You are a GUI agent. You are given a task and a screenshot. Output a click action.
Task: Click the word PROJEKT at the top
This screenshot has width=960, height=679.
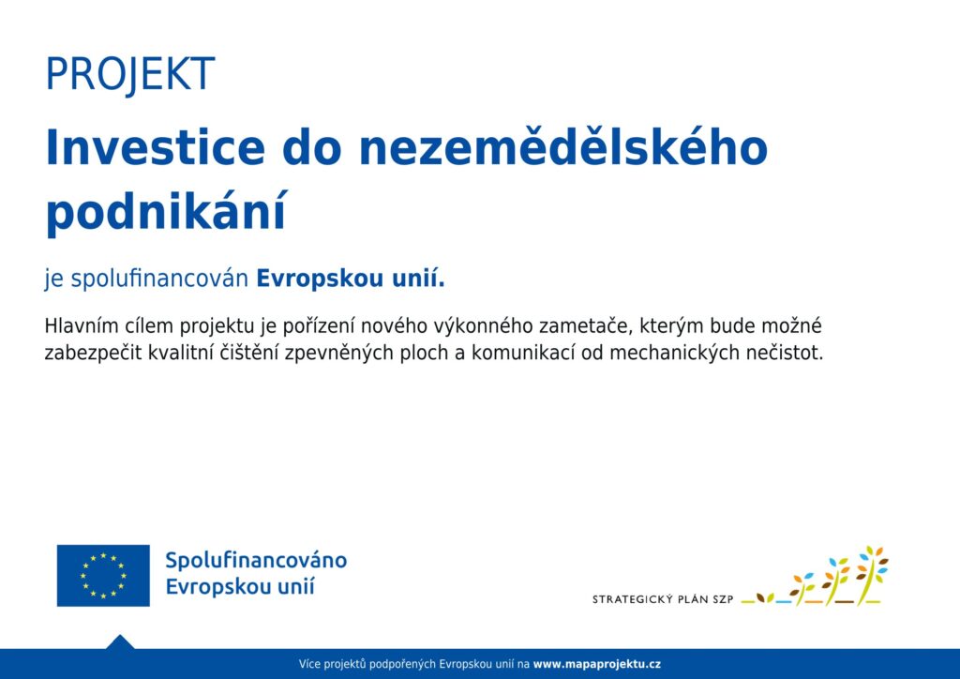130,75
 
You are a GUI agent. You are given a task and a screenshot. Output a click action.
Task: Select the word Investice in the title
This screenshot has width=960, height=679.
156,147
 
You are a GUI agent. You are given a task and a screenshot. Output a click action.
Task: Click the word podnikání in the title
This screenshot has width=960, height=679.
166,212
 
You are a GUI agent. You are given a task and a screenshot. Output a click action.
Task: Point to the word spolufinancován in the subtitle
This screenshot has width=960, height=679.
159,279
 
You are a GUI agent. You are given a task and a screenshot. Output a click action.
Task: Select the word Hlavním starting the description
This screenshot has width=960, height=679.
82,325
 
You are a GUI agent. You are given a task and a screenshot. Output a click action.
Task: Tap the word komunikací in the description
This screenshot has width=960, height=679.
523,353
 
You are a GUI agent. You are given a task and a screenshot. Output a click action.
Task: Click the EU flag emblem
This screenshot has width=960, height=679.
103,576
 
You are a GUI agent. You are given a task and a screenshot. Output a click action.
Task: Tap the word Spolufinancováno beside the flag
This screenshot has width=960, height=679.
256,560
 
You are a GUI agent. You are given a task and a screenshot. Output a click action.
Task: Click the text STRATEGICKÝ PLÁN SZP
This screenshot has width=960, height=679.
663,599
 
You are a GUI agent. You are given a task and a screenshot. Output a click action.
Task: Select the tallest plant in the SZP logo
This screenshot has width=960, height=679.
872,574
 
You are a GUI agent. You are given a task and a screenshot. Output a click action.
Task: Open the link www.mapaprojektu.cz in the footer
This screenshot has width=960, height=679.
597,664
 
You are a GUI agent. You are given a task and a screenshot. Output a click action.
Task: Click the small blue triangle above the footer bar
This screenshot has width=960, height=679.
120,642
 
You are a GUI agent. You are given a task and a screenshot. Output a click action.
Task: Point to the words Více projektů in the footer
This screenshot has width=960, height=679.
336,664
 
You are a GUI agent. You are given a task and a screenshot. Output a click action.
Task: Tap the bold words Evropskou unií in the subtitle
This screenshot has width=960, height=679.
351,279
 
